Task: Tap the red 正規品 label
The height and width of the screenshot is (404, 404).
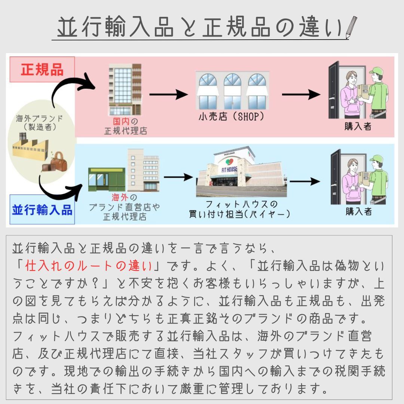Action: pos(42,70)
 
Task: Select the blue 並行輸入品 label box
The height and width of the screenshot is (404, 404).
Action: pos(42,209)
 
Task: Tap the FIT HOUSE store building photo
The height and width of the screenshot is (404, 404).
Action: pos(241,172)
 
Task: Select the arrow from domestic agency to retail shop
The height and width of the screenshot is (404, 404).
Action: pos(168,94)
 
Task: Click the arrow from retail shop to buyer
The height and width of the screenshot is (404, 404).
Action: pos(301,94)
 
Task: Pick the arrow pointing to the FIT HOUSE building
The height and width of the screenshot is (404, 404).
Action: pos(178,177)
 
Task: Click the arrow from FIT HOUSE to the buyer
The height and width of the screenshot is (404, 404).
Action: pos(305,182)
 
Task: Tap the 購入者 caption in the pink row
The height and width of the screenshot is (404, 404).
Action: pos(358,126)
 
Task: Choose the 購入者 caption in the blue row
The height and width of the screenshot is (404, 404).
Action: pos(358,211)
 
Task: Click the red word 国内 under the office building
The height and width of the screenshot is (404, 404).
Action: pos(120,122)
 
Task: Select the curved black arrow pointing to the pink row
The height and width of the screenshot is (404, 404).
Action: pos(73,88)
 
